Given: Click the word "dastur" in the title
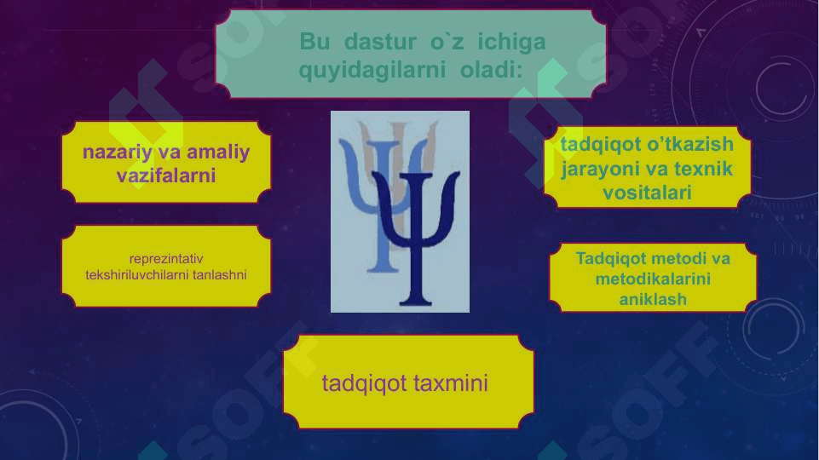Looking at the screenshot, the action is [380, 41].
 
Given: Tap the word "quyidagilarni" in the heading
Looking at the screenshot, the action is [372, 70].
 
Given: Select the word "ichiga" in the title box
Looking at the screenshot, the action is [511, 43].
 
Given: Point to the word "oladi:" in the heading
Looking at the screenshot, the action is [491, 70].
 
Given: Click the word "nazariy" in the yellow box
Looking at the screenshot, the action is [116, 152].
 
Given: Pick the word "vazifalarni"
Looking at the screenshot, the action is [166, 175].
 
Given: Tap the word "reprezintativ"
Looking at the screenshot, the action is [166, 258].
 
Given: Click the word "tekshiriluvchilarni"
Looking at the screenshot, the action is [137, 274].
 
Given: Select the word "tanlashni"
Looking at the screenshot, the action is [219, 274].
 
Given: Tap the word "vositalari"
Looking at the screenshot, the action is [647, 193].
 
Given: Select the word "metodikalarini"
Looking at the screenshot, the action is [653, 279].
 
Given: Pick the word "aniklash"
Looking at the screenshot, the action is [653, 299].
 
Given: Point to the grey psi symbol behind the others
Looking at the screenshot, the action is [399, 130].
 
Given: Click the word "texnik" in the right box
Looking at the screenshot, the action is [703, 169].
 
